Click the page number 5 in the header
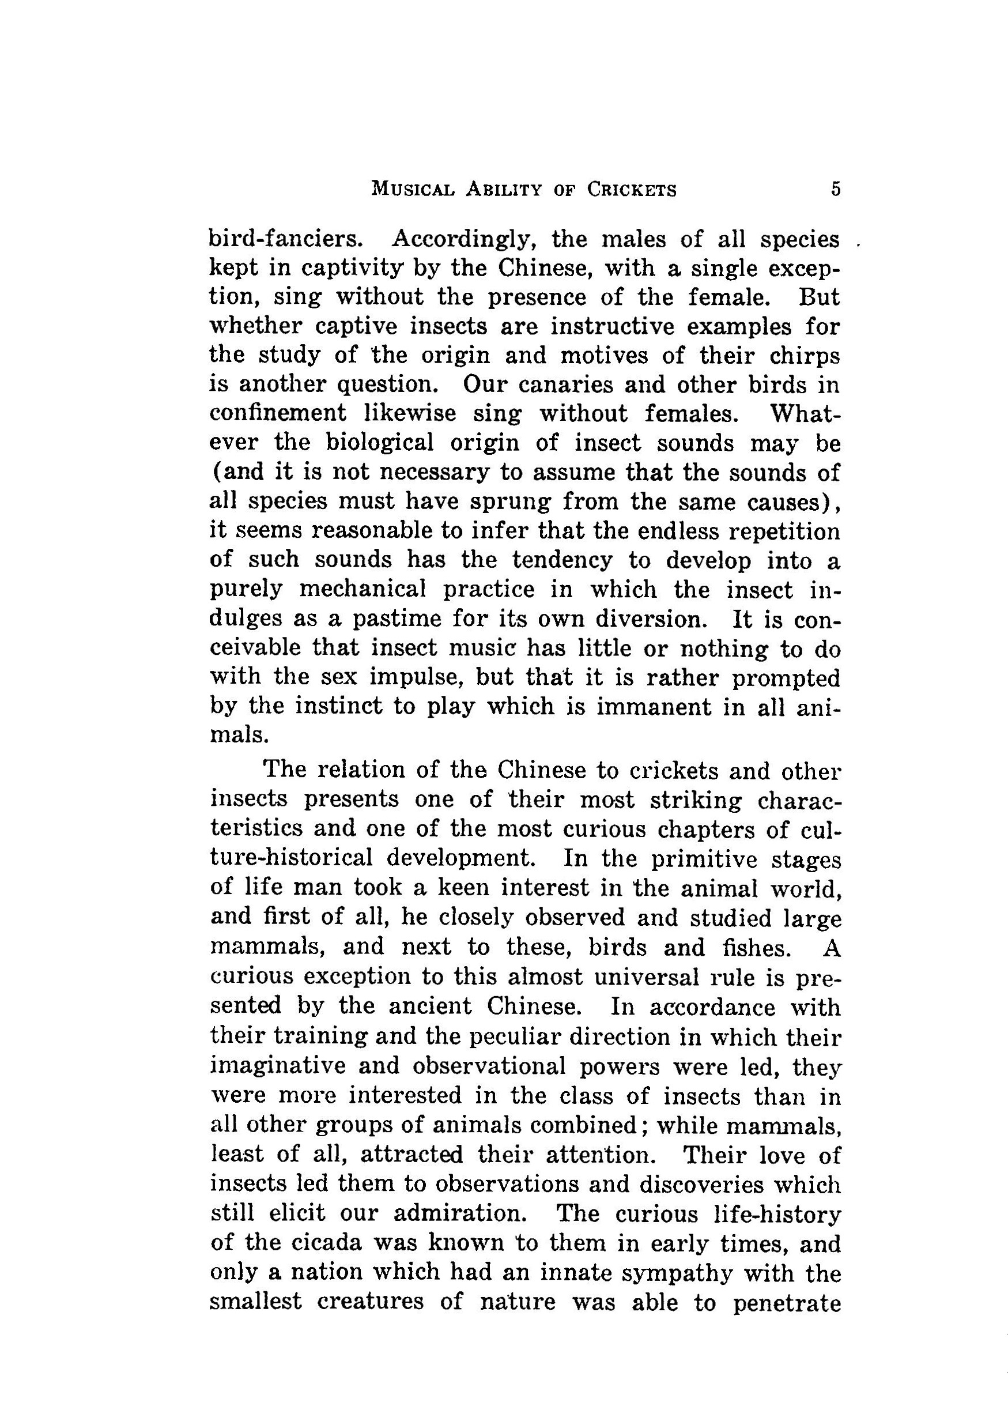836,189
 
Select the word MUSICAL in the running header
409,189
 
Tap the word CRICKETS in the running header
632,189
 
